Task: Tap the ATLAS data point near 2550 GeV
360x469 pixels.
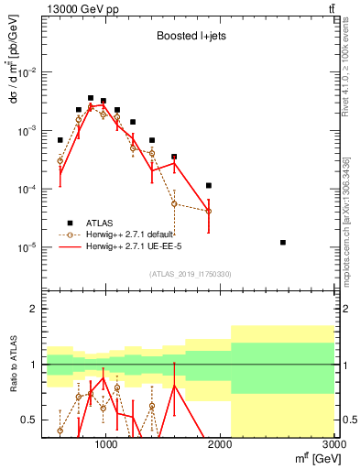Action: [283, 243]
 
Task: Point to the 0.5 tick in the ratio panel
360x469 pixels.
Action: [30, 420]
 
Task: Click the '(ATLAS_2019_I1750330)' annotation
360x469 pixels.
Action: [191, 274]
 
